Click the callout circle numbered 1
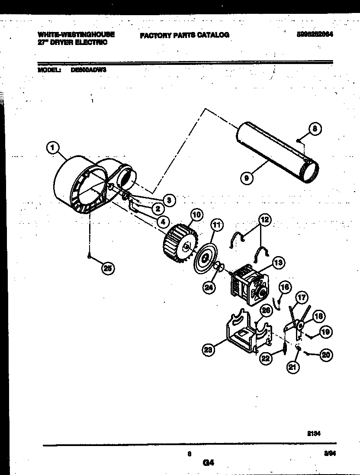coord(53,148)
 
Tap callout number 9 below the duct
coord(247,177)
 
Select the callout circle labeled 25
coord(108,269)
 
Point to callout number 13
coord(278,262)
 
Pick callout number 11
coord(217,225)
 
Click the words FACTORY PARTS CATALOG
coord(184,35)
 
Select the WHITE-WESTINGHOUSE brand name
coord(76,34)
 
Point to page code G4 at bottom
coord(208,462)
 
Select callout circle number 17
coord(302,297)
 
